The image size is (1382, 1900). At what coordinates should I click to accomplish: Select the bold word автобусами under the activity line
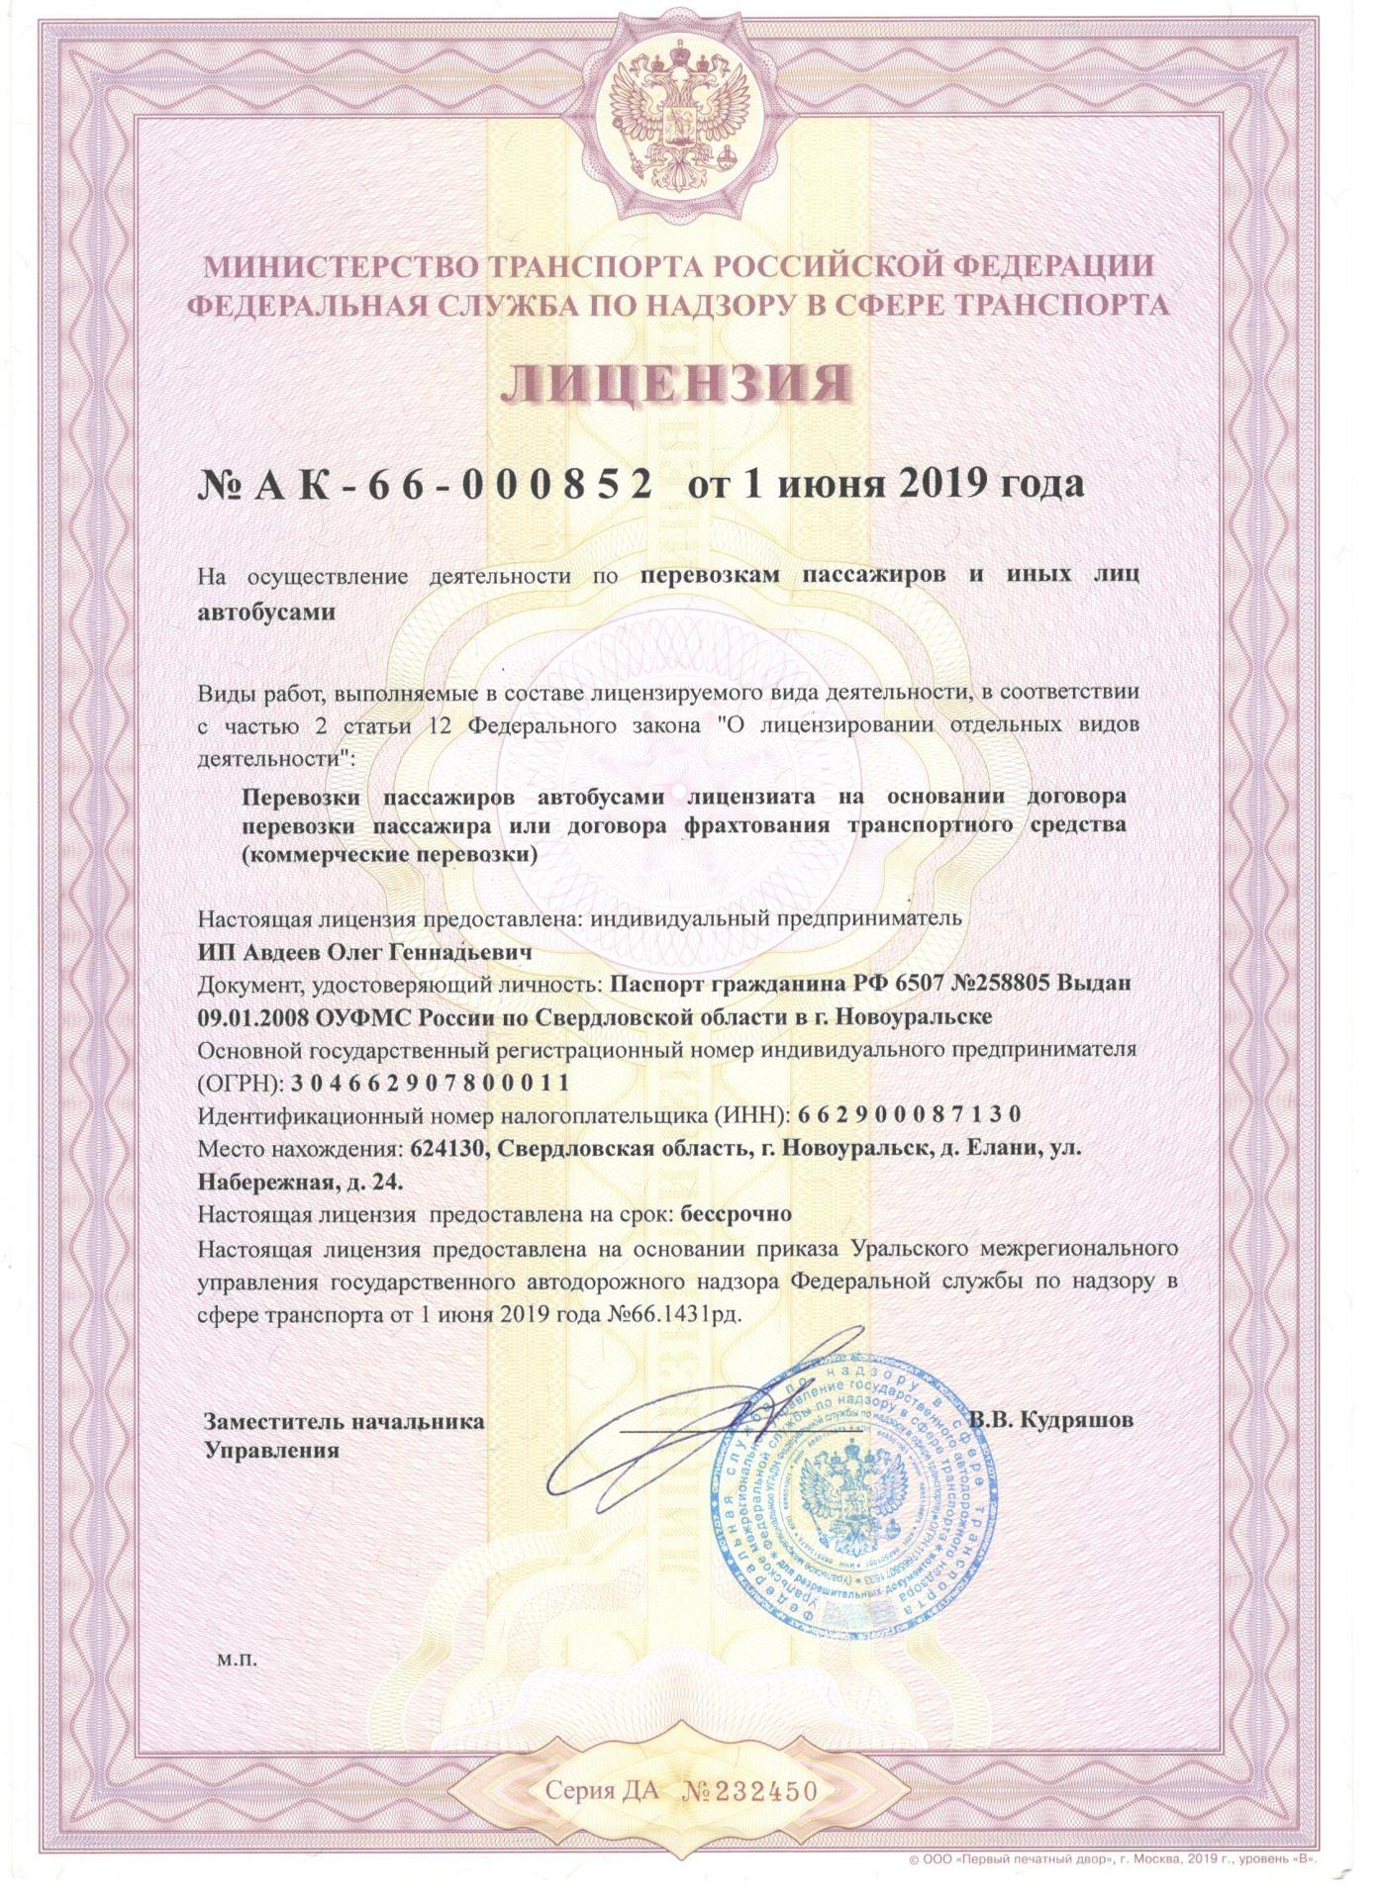pos(267,613)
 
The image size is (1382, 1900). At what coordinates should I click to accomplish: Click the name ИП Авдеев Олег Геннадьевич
pos(366,953)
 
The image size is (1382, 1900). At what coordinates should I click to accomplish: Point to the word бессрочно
pos(737,1212)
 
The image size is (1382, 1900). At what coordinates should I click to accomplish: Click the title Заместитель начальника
pos(344,1422)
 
